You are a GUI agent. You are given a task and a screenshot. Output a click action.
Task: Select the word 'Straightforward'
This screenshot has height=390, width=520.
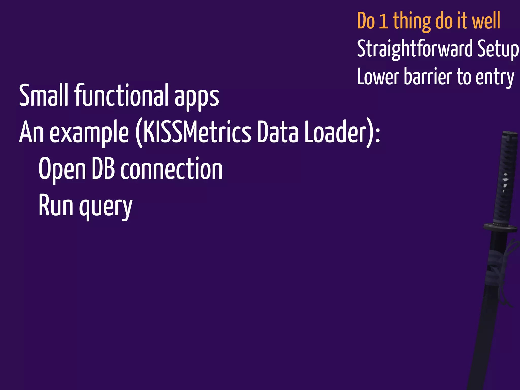415,49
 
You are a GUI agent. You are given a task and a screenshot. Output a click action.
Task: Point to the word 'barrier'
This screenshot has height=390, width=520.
428,77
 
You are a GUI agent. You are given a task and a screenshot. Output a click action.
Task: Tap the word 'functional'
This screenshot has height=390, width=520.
121,95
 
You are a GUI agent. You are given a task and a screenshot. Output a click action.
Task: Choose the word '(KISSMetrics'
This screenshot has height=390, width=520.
193,132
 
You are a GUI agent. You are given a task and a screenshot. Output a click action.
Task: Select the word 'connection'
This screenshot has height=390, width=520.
171,168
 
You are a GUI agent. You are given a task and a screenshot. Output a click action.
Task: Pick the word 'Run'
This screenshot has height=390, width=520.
56,205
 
